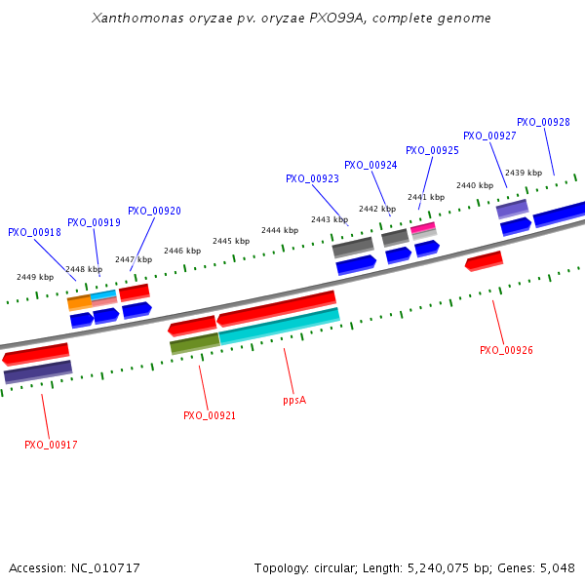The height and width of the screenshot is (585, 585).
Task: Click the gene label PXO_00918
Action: click(34, 233)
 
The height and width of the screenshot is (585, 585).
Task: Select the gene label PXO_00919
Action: click(94, 223)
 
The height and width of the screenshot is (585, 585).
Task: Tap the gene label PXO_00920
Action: click(154, 211)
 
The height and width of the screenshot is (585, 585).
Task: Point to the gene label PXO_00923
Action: click(312, 178)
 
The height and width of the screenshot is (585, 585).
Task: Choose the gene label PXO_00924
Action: click(370, 165)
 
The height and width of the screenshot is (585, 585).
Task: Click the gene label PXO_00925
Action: click(432, 150)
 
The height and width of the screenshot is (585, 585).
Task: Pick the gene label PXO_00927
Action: click(489, 136)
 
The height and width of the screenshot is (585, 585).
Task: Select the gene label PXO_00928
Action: click(543, 122)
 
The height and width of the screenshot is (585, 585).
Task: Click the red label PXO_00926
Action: click(506, 350)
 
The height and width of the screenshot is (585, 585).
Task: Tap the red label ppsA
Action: click(294, 400)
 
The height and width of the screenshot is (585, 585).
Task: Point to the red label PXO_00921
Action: click(210, 415)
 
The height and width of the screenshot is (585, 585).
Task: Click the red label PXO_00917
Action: click(51, 445)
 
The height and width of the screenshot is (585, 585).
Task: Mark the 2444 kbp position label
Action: click(279, 230)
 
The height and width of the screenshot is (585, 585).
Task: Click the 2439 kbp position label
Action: click(523, 173)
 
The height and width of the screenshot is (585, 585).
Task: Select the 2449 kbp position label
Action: click(35, 277)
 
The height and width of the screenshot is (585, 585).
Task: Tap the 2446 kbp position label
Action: click(181, 251)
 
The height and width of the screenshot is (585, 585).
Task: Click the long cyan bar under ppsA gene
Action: click(280, 327)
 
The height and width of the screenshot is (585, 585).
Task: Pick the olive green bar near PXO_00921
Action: click(194, 343)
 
